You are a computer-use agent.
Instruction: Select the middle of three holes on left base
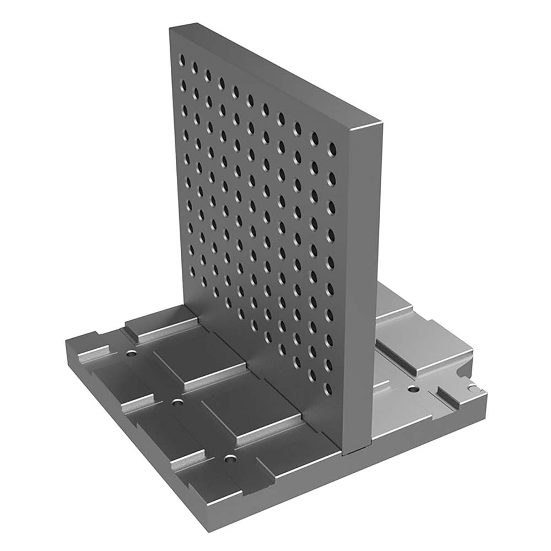click(x=176, y=403)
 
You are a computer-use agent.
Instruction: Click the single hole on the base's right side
click(x=413, y=390)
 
